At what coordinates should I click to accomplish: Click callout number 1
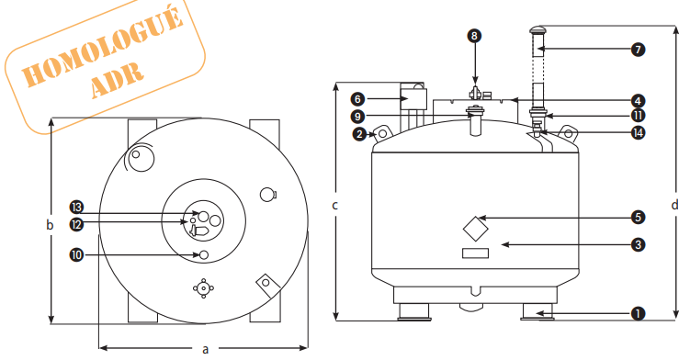pos(638,314)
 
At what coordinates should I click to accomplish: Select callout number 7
pos(638,50)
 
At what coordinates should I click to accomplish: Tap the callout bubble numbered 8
pos(474,36)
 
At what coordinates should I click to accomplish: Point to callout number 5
pos(638,217)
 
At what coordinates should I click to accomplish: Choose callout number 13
pos(76,207)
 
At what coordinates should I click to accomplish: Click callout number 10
pos(76,254)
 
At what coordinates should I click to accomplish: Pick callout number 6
pos(357,99)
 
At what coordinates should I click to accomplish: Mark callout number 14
pos(638,132)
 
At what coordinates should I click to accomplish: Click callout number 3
pos(638,244)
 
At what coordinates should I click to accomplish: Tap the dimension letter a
pos(205,349)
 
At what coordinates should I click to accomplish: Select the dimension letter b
pos(50,224)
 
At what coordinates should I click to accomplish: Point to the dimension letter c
pos(334,205)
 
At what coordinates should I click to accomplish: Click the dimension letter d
pos(675,205)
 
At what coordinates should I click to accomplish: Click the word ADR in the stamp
pos(118,79)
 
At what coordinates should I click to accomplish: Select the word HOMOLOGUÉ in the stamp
pos(102,47)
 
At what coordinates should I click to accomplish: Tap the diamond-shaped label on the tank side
pos(476,229)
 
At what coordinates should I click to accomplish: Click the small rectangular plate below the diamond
pos(475,253)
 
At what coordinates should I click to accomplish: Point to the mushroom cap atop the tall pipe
pos(537,30)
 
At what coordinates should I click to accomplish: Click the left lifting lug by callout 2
pos(381,133)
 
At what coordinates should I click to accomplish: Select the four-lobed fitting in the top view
pos(203,288)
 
